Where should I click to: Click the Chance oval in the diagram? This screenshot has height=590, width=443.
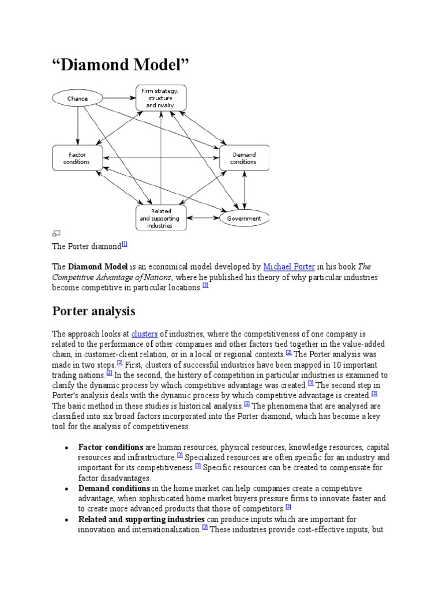coord(77,99)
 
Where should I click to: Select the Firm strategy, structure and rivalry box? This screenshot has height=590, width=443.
coord(161,98)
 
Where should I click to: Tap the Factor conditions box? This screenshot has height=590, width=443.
coord(77,158)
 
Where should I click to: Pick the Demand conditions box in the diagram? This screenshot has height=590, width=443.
coord(243,158)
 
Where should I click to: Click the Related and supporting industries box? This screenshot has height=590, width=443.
coord(161,218)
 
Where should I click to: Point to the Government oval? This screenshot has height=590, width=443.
coord(244,218)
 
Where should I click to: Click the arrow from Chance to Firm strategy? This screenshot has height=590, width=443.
coord(118,99)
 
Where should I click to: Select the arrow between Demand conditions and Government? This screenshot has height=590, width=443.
coord(245,190)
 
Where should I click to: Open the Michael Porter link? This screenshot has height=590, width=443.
coord(290,267)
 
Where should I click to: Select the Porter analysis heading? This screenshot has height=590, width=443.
coord(93,311)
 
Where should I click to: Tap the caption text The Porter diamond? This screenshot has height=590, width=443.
coord(87,246)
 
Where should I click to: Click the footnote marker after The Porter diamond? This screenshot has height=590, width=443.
coord(124,244)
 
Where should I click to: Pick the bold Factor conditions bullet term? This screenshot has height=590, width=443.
coord(111,447)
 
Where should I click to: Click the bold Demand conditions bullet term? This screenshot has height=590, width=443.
coord(114,489)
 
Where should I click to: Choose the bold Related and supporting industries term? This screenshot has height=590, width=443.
coord(141,519)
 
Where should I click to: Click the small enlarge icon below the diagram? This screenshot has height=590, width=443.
coord(57,233)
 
